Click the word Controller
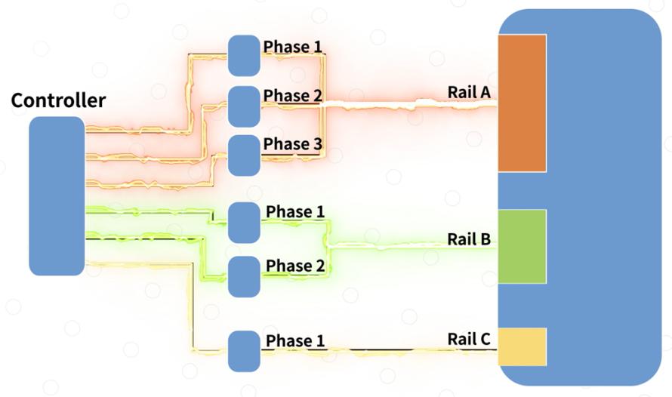coord(58,100)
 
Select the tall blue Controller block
coord(57,195)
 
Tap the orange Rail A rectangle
coord(522,103)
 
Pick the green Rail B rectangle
coord(522,247)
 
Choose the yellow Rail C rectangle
coord(522,347)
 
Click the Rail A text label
coord(469,92)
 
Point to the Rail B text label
coord(469,239)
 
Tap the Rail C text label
coord(469,339)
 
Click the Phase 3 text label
coord(293,144)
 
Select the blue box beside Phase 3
coord(244,155)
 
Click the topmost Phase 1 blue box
coord(244,56)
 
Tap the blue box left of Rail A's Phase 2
coord(244,106)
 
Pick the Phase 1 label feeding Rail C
coord(295,340)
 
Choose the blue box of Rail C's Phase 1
coord(244,351)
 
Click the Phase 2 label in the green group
coord(295,266)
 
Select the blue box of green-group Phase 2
coord(244,277)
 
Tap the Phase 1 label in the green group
coord(295,211)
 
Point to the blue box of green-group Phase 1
coord(244,223)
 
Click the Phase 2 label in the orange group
coord(293,96)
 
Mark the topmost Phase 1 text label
coord(293,47)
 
